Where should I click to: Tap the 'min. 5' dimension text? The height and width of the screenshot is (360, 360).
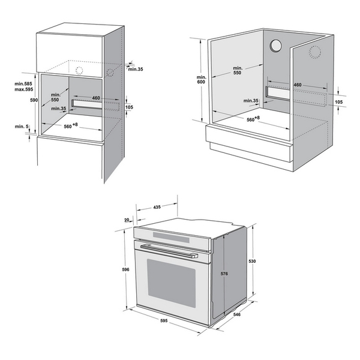(21, 126)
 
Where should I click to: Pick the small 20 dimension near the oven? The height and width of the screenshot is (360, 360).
(127, 220)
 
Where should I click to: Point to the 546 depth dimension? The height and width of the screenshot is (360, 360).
(236, 314)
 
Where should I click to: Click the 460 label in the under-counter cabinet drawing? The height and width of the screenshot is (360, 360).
(297, 85)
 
